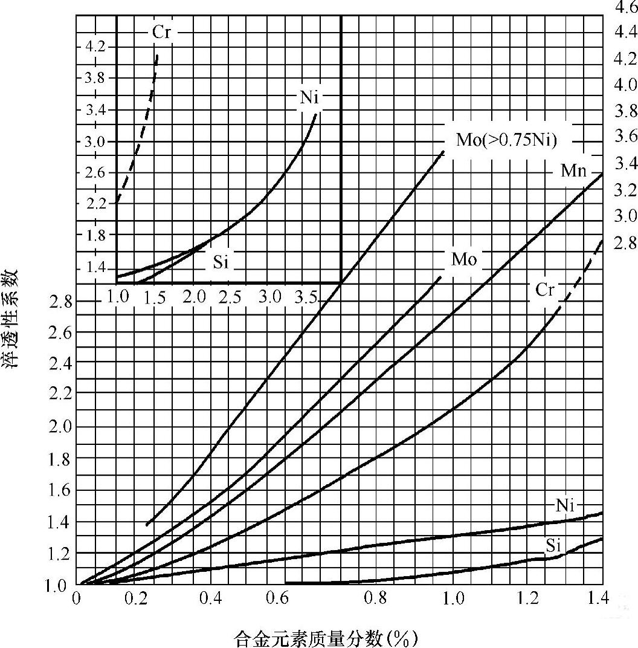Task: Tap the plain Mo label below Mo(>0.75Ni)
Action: coord(464,260)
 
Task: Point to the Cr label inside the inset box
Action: coord(161,33)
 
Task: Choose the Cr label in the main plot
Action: coord(545,290)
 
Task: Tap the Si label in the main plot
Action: coord(554,546)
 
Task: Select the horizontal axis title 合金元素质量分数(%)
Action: coord(326,638)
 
